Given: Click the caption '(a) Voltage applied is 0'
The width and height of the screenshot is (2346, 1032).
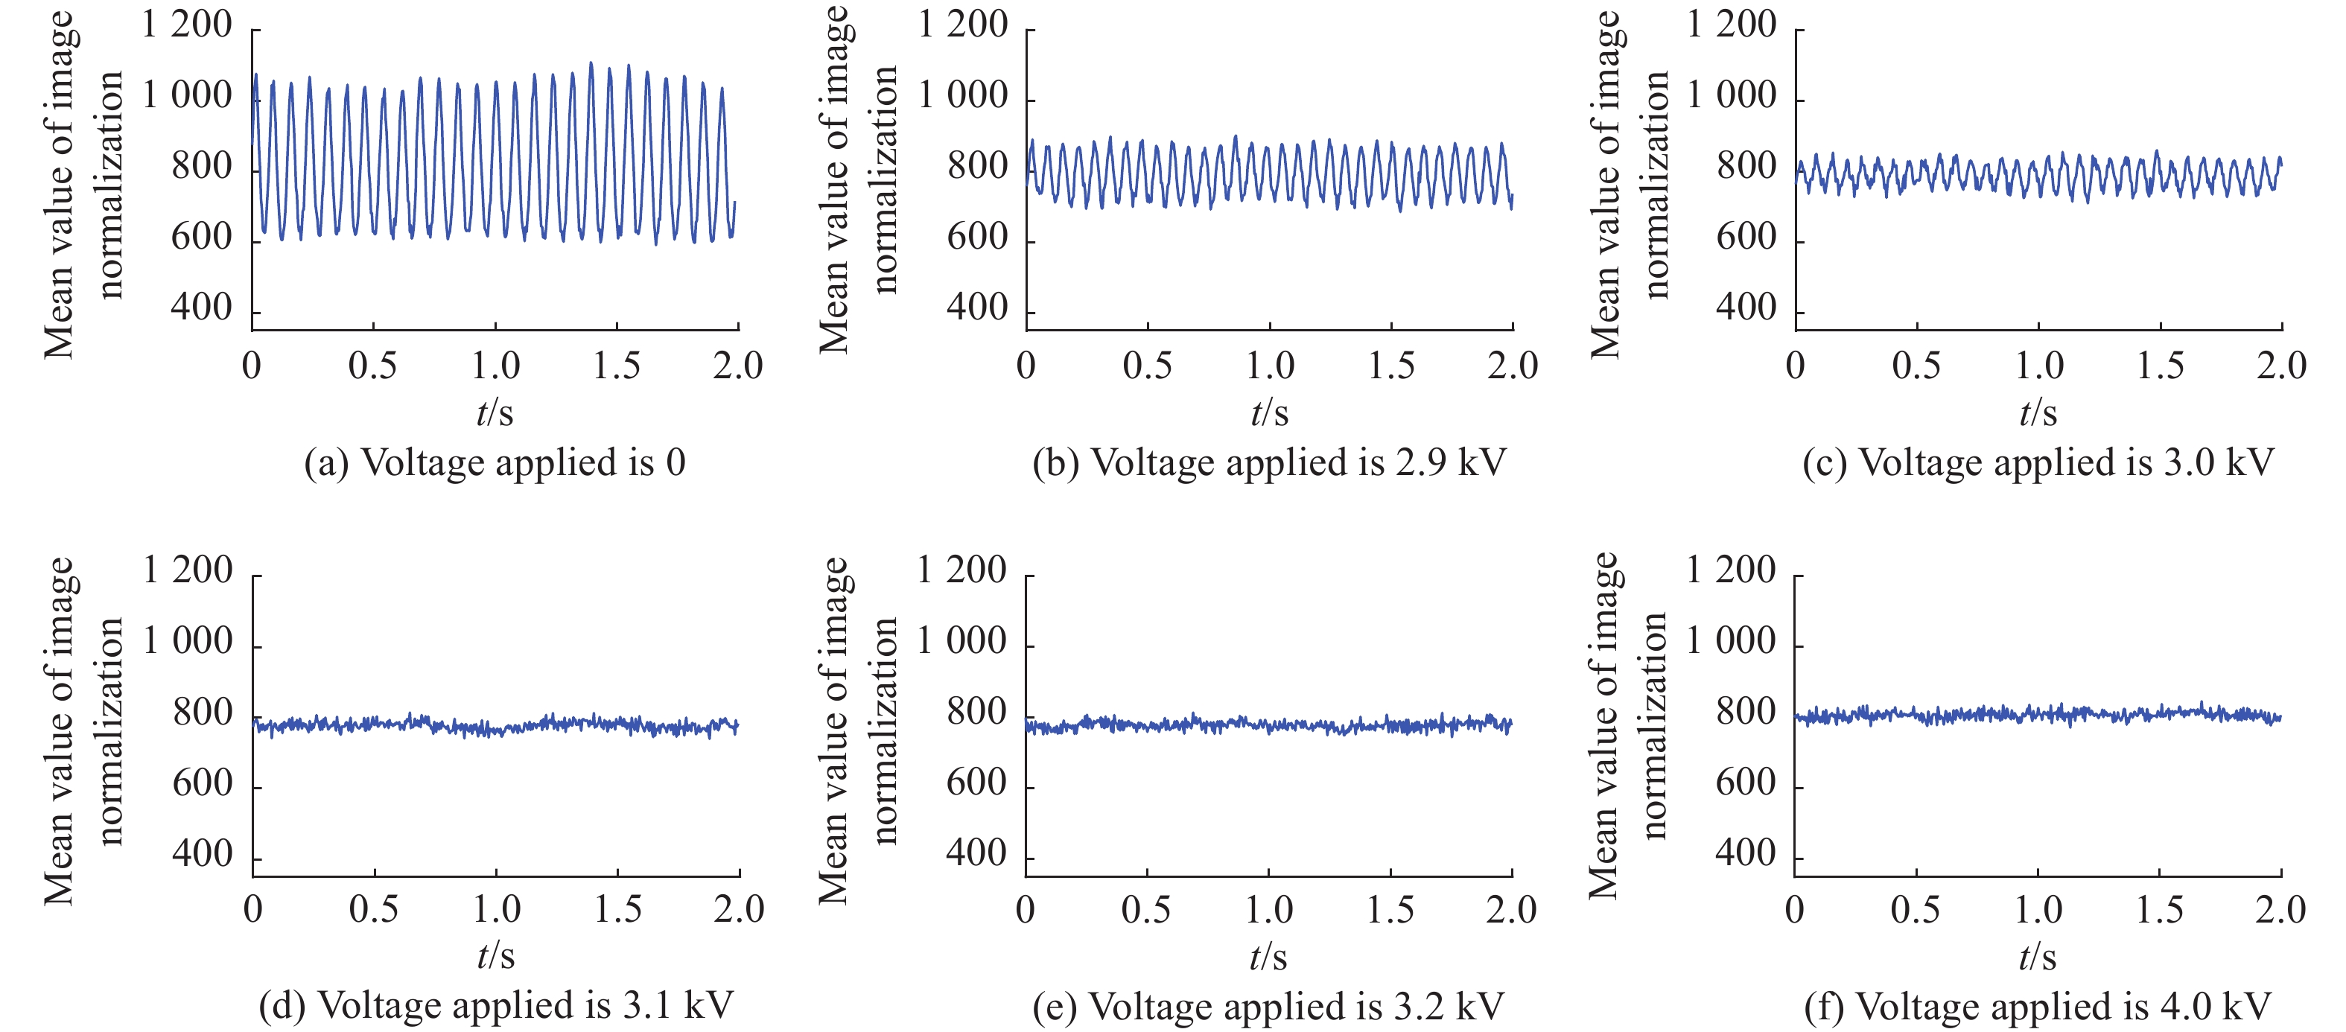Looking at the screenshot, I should [x=495, y=462].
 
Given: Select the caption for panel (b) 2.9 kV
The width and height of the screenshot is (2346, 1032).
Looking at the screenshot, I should [x=1268, y=462].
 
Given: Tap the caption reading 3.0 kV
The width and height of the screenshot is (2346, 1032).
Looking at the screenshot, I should [x=2038, y=462].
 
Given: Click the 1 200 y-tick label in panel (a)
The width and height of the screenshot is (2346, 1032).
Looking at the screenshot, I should [x=187, y=25].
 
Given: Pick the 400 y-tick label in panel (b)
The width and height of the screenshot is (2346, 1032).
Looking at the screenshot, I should [x=977, y=309].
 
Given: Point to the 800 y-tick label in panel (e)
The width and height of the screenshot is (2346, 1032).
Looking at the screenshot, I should [x=976, y=713].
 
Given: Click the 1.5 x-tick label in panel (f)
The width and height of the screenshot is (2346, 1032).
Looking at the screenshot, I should [x=2158, y=910].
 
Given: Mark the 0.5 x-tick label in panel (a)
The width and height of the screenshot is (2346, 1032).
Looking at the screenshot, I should [x=372, y=366].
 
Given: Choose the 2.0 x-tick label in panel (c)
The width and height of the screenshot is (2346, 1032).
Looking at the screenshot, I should [x=2280, y=366].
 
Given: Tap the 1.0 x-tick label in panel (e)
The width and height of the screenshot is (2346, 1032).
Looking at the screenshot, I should [x=1268, y=910].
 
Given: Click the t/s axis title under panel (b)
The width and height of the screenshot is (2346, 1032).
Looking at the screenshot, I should [x=1268, y=413].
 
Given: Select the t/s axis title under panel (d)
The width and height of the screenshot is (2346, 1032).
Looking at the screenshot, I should [x=495, y=955].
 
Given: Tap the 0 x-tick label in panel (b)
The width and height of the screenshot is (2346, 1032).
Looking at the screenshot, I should [x=1026, y=366].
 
